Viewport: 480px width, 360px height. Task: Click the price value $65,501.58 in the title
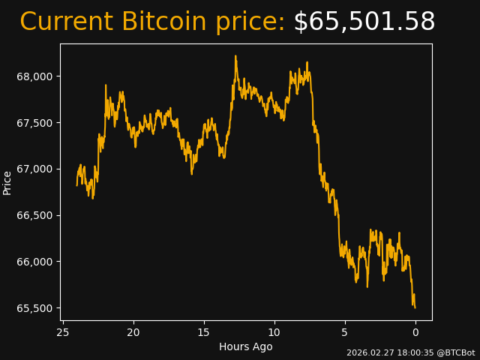point(364,22)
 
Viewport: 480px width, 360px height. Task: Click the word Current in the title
point(67,22)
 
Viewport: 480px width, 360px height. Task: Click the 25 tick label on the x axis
point(63,332)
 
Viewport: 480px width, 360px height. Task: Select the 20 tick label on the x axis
point(133,332)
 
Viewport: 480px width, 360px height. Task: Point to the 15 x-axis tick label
point(204,332)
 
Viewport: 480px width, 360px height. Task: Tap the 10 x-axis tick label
point(274,332)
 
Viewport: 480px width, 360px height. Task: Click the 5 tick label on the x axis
point(345,332)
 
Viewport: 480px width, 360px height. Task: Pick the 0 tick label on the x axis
point(415,332)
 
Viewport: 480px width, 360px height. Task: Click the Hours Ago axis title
point(245,346)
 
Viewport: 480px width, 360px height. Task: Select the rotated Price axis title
point(7,182)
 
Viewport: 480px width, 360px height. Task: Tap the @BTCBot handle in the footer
point(454,352)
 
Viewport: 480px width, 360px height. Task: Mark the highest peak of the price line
point(235,55)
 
